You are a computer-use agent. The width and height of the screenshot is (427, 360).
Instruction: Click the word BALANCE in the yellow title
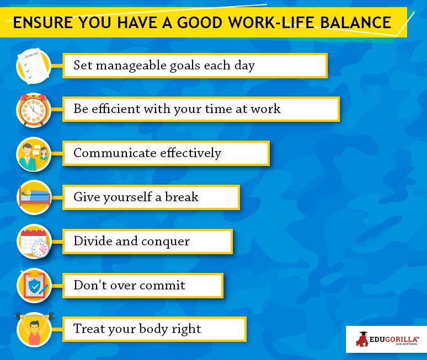(x=356, y=22)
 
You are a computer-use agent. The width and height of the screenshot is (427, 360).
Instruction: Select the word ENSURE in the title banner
(x=42, y=22)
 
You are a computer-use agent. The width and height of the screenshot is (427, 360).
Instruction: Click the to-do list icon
(x=34, y=66)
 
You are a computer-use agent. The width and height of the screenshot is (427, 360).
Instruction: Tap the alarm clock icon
(x=34, y=110)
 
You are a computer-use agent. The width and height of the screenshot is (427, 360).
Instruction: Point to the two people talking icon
(x=34, y=154)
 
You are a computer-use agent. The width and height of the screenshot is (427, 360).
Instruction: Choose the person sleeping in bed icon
(x=34, y=197)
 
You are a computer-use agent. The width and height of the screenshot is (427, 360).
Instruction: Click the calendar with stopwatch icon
(x=34, y=241)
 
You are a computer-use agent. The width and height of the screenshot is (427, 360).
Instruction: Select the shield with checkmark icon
(x=34, y=285)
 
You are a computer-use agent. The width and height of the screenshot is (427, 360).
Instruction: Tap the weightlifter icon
(x=34, y=329)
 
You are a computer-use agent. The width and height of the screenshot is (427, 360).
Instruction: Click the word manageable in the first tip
(x=131, y=66)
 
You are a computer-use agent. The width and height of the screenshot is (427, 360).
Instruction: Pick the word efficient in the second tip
(x=116, y=109)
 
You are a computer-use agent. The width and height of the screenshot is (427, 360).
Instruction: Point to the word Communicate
(x=115, y=153)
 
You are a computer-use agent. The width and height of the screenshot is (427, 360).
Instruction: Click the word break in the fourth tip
(x=182, y=196)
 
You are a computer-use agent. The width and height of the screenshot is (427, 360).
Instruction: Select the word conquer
(x=166, y=241)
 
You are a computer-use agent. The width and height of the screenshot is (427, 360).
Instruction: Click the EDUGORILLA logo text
(x=394, y=339)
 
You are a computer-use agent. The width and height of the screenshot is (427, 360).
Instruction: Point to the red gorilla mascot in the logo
(x=362, y=339)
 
